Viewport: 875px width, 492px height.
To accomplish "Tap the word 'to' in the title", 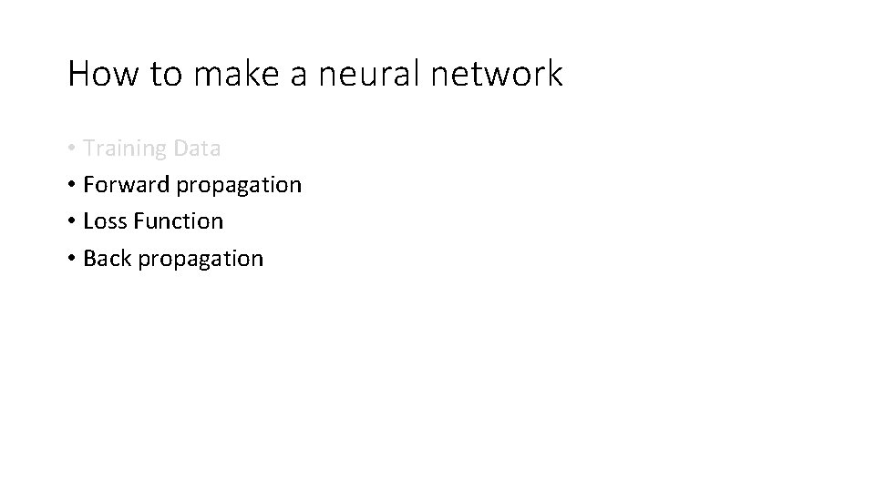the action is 166,74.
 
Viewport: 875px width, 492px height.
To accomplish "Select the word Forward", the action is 126,185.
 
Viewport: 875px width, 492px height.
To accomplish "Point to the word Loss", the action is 103,221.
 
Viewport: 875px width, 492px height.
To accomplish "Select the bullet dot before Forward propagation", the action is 71,186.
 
